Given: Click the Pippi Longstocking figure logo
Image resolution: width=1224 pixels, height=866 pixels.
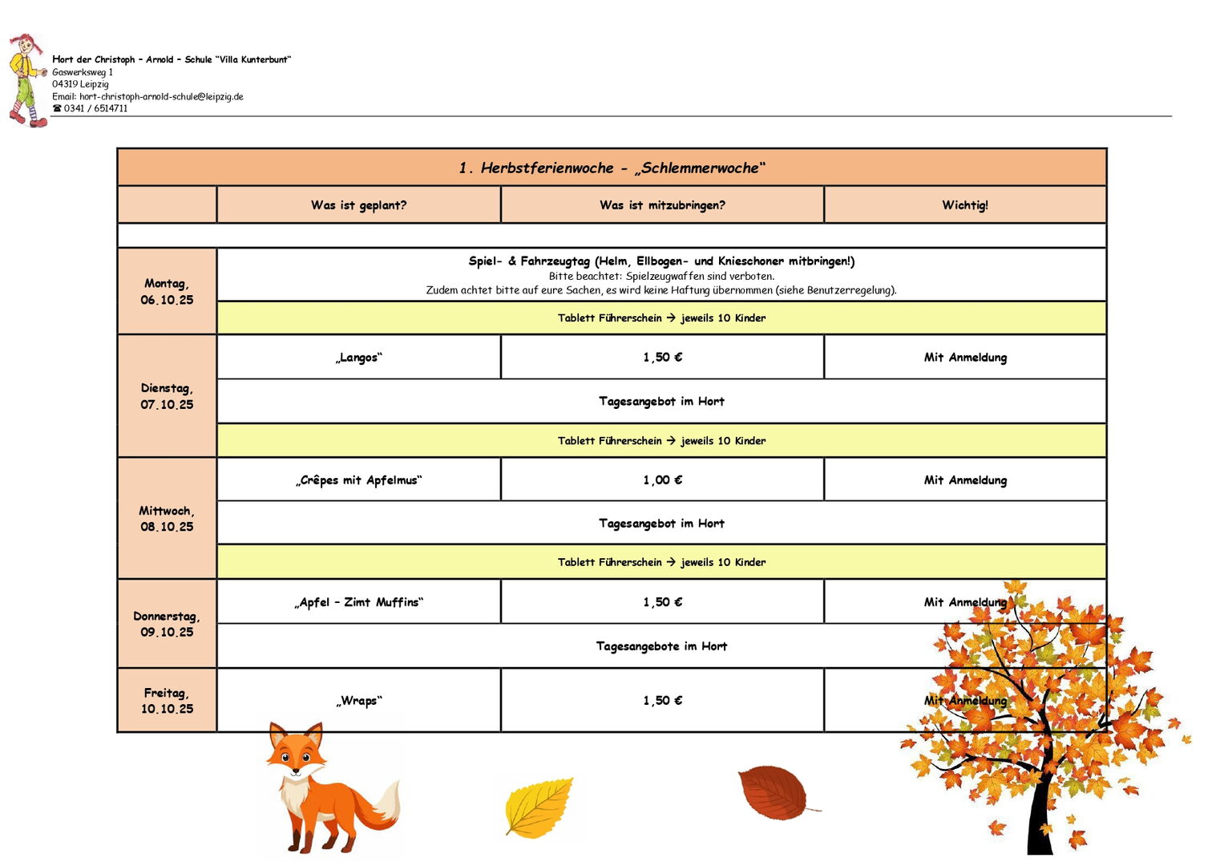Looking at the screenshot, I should click(26, 80).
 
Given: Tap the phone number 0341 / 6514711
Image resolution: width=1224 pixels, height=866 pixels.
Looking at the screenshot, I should click(95, 109).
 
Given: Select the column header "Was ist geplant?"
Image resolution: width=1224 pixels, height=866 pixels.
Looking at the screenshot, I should click(358, 205).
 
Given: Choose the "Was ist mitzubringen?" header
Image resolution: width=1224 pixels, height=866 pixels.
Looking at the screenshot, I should click(662, 205).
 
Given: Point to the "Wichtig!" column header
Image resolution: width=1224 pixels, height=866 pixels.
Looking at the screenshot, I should click(964, 205).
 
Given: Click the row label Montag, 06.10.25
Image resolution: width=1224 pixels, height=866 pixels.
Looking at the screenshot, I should click(167, 292).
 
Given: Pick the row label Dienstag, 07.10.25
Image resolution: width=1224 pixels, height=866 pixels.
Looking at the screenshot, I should click(167, 396).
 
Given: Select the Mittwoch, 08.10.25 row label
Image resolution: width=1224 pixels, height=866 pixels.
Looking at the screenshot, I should click(167, 519).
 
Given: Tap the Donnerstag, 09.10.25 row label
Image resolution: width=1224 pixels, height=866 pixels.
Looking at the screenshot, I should click(167, 624).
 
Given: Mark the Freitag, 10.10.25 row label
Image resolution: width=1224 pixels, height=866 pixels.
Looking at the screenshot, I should click(167, 701).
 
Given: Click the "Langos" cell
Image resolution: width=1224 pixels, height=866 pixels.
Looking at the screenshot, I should click(358, 358).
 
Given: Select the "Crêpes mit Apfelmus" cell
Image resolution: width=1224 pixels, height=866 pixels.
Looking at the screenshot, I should click(358, 480).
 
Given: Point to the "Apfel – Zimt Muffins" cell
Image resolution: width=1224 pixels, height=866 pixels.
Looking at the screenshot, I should click(358, 602).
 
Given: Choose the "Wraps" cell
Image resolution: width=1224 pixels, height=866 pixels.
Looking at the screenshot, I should click(358, 701).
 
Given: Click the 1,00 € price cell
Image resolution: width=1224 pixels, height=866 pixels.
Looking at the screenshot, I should click(662, 480).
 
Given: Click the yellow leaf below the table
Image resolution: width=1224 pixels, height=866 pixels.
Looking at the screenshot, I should click(539, 807).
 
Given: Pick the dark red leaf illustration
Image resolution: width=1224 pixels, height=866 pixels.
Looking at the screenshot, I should click(774, 792).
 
